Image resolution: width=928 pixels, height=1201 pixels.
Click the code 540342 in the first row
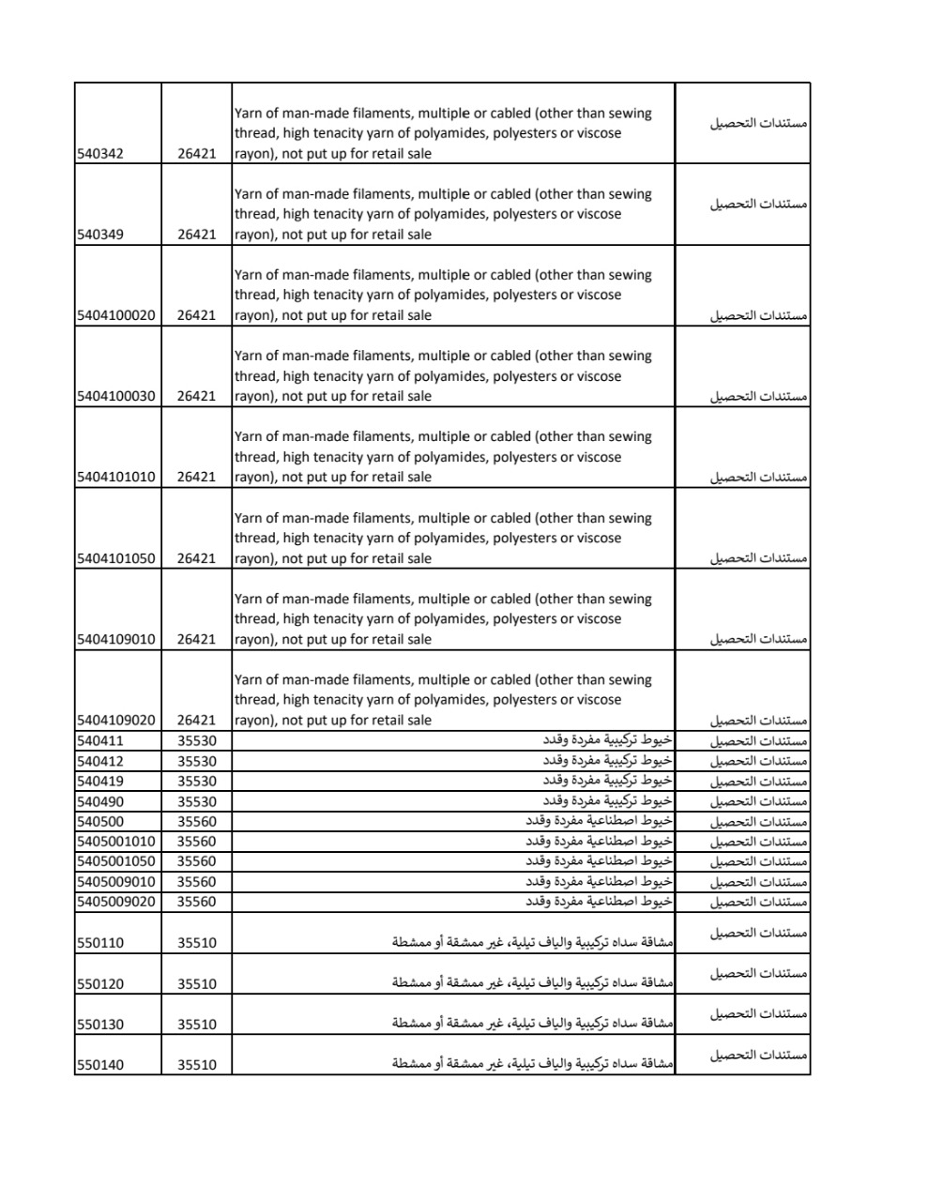tap(99, 154)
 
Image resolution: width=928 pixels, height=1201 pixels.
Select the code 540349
tap(99, 235)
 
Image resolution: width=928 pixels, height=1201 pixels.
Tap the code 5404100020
tap(115, 315)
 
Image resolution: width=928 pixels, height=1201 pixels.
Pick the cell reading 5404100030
tap(115, 396)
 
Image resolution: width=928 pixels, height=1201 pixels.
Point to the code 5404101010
tap(115, 477)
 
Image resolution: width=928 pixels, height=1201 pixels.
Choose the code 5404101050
tap(115, 558)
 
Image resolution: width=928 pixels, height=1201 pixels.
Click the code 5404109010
tap(115, 639)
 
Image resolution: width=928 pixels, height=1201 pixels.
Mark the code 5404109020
tap(115, 720)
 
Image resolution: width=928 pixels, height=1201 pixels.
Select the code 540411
tap(99, 741)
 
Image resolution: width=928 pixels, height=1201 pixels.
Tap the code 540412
tap(99, 761)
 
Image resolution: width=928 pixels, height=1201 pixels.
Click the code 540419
tap(99, 781)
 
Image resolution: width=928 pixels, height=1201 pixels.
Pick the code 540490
tap(99, 801)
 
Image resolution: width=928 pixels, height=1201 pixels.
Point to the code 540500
tap(99, 821)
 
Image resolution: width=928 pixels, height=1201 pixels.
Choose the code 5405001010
tap(115, 841)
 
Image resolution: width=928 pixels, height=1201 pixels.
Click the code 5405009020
tap(115, 902)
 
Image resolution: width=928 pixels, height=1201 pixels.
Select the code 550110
tap(99, 943)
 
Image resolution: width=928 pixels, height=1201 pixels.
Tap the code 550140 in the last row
tap(99, 1065)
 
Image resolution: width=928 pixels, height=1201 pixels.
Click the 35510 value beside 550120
tap(196, 984)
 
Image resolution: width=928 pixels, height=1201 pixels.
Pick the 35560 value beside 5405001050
tap(196, 861)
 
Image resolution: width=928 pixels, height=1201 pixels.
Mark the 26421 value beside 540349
tap(196, 235)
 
